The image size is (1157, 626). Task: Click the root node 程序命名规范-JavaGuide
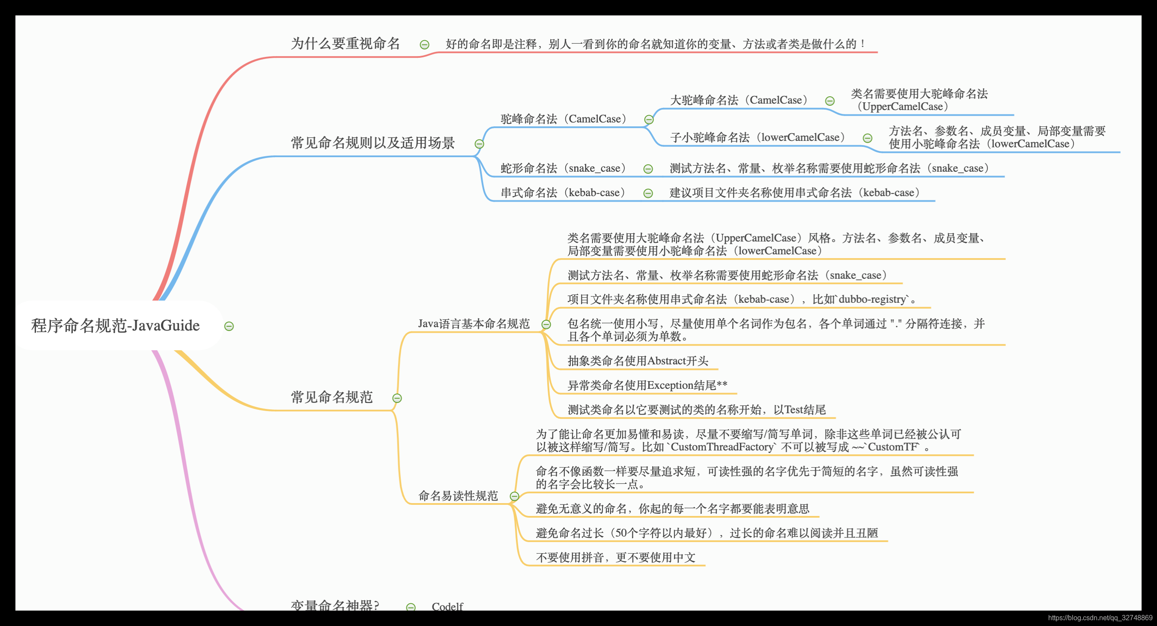click(116, 325)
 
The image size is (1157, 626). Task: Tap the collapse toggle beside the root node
click(229, 326)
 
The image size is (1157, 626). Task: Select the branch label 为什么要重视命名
click(345, 44)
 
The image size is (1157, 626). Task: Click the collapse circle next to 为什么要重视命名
click(424, 45)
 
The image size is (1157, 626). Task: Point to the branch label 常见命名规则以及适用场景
click(373, 143)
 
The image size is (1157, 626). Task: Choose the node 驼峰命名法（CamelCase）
click(564, 119)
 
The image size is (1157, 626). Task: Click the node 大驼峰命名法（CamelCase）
click(739, 100)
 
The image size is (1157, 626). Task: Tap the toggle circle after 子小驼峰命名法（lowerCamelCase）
click(868, 138)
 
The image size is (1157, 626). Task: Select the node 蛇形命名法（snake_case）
click(564, 168)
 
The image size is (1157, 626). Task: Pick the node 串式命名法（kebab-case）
click(563, 193)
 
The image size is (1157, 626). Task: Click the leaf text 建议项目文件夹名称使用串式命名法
click(795, 193)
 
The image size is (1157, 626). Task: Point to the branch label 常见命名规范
click(331, 397)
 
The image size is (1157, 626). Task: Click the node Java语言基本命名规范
click(474, 324)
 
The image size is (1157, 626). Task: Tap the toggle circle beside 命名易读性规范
click(515, 496)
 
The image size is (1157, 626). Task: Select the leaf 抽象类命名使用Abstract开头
click(638, 361)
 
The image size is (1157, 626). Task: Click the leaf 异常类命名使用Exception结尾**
click(647, 385)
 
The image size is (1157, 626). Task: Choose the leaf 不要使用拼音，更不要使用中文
click(615, 557)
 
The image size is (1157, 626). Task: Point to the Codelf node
click(447, 606)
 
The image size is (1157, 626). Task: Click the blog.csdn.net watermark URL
click(1100, 618)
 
